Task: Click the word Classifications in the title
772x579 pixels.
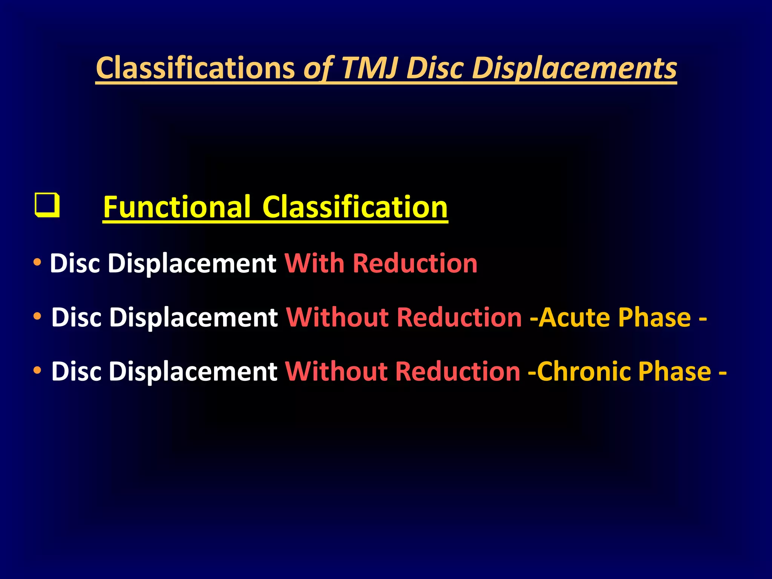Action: (195, 68)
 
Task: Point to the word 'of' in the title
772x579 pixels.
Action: (319, 68)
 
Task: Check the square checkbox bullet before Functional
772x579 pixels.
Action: (47, 205)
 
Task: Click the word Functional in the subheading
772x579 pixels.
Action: (177, 207)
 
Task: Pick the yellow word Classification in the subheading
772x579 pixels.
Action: (355, 207)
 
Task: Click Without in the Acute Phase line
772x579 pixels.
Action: (338, 317)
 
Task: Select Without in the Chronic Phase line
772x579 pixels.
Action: (337, 372)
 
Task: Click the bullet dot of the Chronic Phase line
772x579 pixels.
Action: (37, 370)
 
